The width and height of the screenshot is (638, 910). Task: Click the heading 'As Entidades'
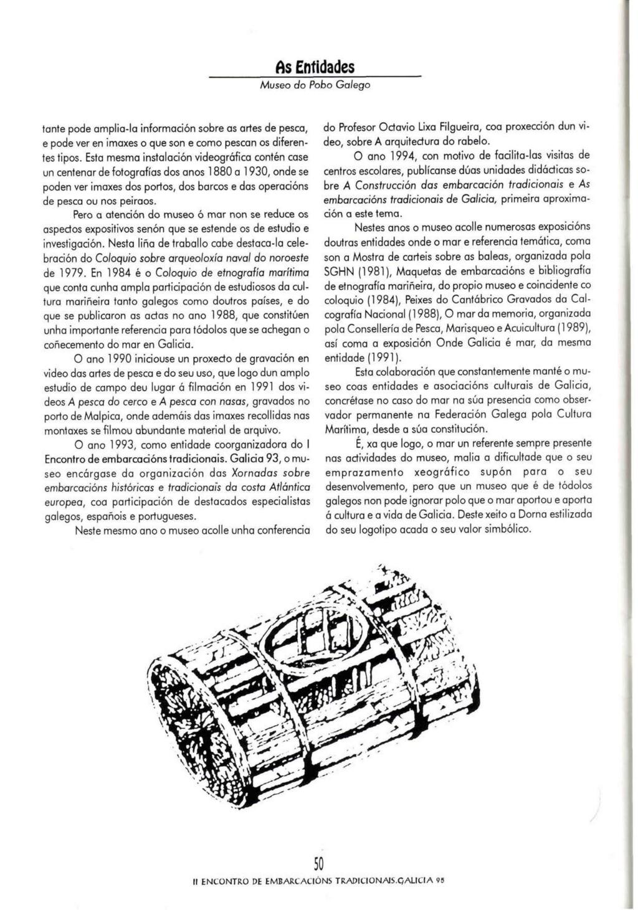click(x=315, y=67)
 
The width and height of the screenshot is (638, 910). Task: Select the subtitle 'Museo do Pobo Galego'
click(x=315, y=83)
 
